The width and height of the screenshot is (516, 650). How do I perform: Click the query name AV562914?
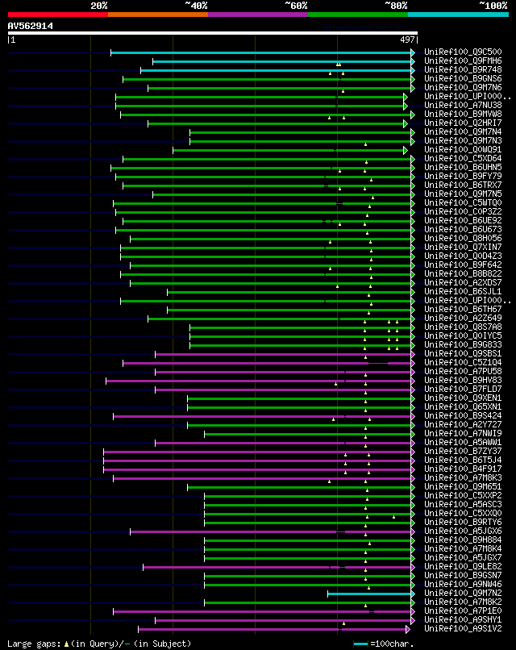(31, 26)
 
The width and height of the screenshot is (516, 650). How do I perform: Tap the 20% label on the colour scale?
(99, 6)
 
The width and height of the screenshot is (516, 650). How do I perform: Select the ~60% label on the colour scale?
(296, 6)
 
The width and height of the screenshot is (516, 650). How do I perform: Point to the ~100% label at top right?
(493, 6)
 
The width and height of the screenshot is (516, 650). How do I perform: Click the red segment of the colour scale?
(57, 15)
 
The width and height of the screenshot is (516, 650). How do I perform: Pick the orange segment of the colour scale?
(157, 15)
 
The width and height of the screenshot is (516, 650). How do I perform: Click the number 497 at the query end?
(407, 40)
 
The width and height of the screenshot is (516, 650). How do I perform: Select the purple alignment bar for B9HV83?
(258, 381)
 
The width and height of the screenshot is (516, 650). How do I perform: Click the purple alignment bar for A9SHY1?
(282, 620)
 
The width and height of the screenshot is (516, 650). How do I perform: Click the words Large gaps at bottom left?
(32, 644)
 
